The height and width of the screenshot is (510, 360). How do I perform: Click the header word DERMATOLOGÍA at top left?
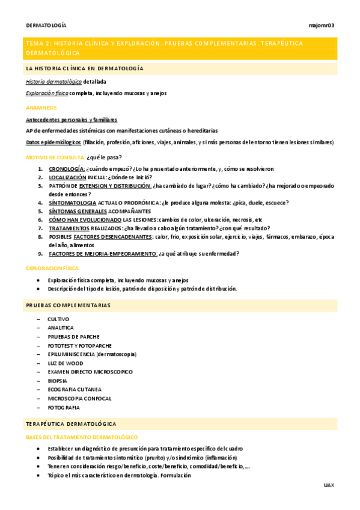(46, 25)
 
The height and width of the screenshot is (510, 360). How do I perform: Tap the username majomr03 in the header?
(321, 25)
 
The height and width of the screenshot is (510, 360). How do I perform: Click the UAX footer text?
(328, 485)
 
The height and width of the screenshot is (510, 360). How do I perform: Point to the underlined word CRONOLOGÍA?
(67, 169)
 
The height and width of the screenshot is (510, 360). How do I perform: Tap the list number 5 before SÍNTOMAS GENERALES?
(40, 211)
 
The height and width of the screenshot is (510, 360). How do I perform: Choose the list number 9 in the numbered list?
(40, 253)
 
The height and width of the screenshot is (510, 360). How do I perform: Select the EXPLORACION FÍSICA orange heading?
(52, 268)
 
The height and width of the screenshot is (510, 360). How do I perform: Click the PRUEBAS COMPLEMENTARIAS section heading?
(68, 306)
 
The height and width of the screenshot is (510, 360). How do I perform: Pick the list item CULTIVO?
(58, 319)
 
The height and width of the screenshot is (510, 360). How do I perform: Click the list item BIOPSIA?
(58, 381)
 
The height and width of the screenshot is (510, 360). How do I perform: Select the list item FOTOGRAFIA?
(64, 407)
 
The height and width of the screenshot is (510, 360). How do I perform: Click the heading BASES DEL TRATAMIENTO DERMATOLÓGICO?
(82, 437)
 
